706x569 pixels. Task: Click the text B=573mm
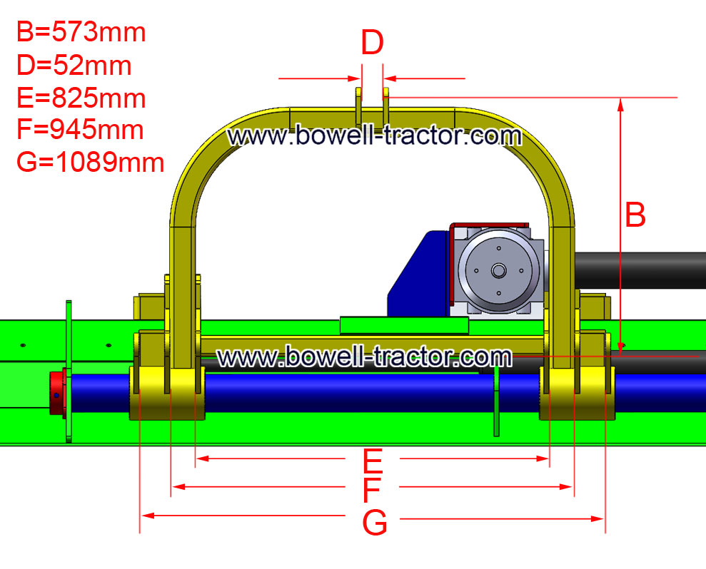coord(81,32)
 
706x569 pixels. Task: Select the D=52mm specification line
coord(74,65)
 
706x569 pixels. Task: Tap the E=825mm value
coord(81,98)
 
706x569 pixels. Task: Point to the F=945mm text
coord(80,130)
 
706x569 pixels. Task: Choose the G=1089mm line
coord(90,162)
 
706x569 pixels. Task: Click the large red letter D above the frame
coord(373,43)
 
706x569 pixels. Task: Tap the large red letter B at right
coord(635,215)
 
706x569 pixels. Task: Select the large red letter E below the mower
coord(373,461)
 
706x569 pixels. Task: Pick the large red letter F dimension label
coord(371,490)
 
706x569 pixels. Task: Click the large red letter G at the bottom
coord(375,522)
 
